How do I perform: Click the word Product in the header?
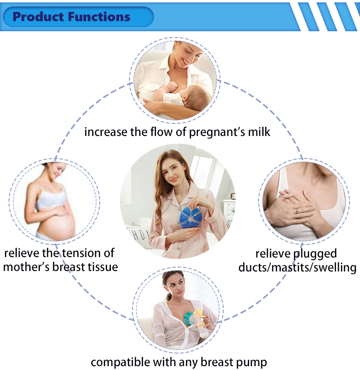click(x=38, y=17)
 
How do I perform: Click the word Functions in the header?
click(x=99, y=17)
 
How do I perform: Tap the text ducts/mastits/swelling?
click(x=298, y=267)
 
